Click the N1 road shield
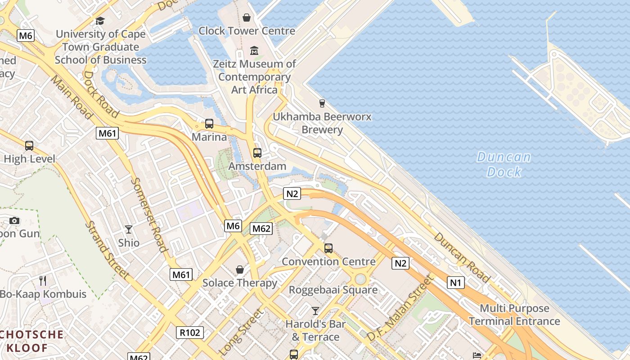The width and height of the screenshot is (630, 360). point(455,283)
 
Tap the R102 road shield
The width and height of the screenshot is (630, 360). point(189,333)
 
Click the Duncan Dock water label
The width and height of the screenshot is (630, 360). point(504,164)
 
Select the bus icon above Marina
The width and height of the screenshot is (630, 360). point(209,124)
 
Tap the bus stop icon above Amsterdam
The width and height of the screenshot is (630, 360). point(257,153)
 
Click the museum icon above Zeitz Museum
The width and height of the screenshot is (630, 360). point(254,50)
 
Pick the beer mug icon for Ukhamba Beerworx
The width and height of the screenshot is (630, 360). point(322,103)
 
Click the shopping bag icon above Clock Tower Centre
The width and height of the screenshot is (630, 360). point(247,18)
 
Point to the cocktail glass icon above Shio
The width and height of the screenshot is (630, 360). point(129,229)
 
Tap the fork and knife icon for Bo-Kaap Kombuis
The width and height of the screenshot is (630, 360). point(43,281)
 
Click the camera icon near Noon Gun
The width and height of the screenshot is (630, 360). point(14,220)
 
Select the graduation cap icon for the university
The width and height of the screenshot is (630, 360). point(100,21)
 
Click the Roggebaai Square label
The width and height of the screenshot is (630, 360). point(333,290)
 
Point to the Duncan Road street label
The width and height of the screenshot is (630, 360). point(462,258)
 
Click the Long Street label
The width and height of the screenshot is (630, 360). point(240,332)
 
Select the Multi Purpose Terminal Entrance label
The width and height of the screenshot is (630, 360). point(514,315)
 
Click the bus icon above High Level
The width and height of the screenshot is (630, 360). point(29,146)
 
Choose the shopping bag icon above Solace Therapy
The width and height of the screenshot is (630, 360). point(240,270)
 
